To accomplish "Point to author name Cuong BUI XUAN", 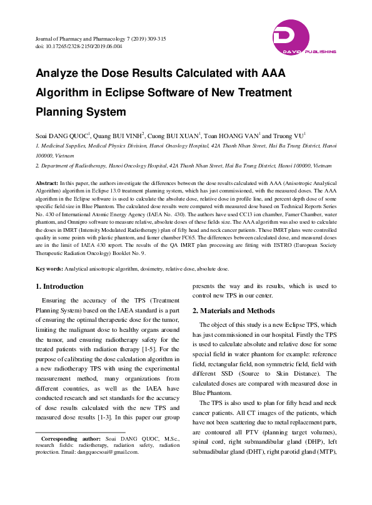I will click(x=174, y=136).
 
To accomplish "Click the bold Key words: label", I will click(x=53, y=268).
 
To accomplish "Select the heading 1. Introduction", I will click(x=59, y=286).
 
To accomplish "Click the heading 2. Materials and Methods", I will click(x=233, y=311).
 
